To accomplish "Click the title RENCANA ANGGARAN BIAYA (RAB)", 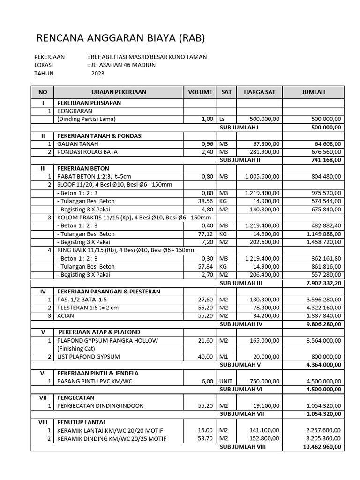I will click(120, 38).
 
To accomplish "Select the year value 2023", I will click(98, 74).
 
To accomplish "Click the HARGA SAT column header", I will click(259, 92).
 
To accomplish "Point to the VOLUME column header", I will click(200, 92).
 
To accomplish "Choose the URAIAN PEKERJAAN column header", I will click(119, 92).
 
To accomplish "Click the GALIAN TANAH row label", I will click(77, 144).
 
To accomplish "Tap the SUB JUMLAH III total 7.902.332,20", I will click(323, 283).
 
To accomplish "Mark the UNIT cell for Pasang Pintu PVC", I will click(225, 381).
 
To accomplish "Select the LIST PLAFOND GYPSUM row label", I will click(88, 357).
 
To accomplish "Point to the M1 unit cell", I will click(223, 357).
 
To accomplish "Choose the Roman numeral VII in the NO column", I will click(43, 397).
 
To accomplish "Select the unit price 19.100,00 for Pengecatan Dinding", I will click(266, 405).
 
